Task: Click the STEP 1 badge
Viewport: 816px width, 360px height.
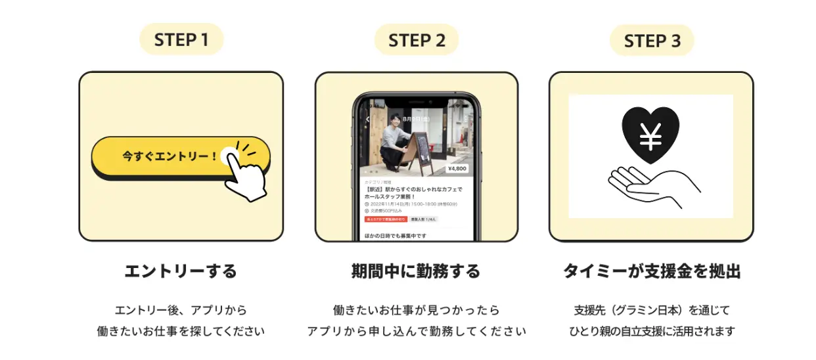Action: [181, 39]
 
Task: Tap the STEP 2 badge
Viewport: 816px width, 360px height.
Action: [417, 40]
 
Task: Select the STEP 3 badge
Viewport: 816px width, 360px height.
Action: [652, 41]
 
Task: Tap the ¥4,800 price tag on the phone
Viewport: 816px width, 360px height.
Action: [457, 169]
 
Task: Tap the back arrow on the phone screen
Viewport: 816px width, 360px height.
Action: [367, 119]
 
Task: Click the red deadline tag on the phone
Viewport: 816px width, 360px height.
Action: [386, 219]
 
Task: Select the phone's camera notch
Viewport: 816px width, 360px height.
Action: [417, 102]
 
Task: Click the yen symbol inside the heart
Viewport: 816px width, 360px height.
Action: [650, 135]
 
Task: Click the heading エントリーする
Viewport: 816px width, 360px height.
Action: [181, 271]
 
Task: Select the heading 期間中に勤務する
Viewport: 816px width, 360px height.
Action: [416, 271]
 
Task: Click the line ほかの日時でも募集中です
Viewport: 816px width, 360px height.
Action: [396, 235]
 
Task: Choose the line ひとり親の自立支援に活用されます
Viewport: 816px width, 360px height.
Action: [651, 331]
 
